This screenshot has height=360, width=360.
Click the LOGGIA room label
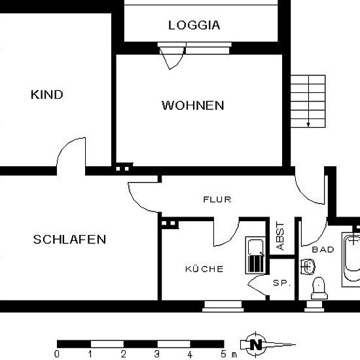click(194, 25)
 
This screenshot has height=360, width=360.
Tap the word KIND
click(47, 95)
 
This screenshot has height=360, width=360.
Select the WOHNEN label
click(193, 105)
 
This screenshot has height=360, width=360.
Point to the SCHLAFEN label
click(69, 240)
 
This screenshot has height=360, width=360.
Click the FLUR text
click(217, 199)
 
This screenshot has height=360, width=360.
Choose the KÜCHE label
click(204, 268)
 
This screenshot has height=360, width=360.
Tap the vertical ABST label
click(280, 236)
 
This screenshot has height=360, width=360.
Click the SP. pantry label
click(282, 283)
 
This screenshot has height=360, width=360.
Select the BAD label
click(323, 249)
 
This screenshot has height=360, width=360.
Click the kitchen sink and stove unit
click(255, 255)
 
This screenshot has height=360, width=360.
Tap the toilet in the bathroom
click(319, 289)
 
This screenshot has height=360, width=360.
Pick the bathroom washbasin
click(308, 266)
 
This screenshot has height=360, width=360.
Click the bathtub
click(351, 259)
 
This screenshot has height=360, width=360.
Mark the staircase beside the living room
click(308, 101)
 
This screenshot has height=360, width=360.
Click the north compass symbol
click(256, 344)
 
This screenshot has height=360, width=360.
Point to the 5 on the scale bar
click(223, 354)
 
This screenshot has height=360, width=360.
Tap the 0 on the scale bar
click(57, 354)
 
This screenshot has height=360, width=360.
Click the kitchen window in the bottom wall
click(223, 306)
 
